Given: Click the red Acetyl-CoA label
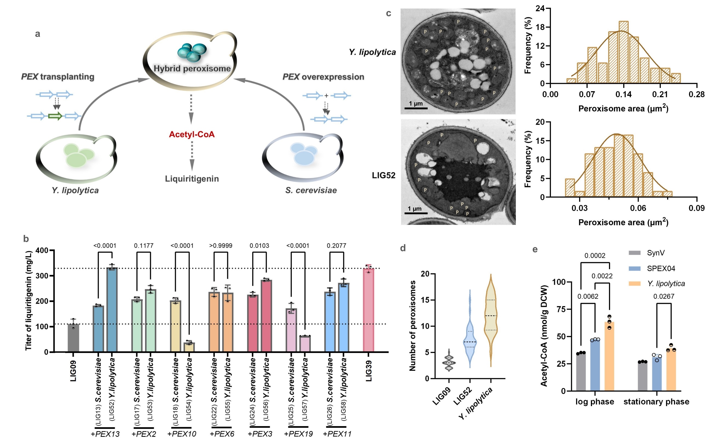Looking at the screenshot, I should [192, 134].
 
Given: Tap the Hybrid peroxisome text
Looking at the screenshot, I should [192, 69].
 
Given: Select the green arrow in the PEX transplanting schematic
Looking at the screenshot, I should [55, 116].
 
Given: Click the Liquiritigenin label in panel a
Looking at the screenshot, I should [192, 179].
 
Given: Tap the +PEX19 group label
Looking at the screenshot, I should [298, 434].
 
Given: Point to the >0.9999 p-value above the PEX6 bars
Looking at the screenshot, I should [221, 246].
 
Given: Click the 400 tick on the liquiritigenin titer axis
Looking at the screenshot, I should [42, 250].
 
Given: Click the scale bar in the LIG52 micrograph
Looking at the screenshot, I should [416, 213].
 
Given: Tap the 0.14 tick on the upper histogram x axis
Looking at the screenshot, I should [624, 95].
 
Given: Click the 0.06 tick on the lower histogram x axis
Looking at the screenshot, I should [638, 208].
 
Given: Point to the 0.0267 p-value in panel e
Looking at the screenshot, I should [664, 296].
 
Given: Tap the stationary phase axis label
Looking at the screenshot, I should [656, 401].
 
